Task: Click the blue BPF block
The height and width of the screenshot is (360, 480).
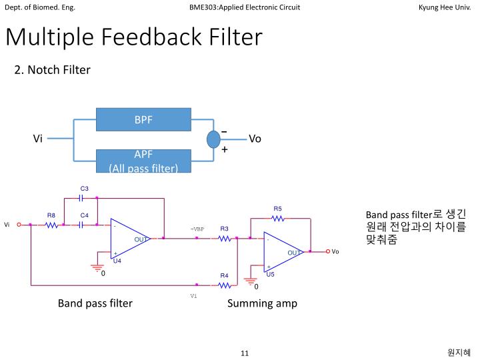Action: pos(143,120)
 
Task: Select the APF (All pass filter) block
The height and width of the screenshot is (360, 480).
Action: pos(143,161)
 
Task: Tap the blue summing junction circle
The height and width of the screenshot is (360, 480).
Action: pos(213,139)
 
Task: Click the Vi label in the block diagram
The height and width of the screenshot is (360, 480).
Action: pos(38,139)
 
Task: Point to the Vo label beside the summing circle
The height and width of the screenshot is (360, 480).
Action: pos(255,139)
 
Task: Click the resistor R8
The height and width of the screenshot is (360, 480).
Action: pos(51,225)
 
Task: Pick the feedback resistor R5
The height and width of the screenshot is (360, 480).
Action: pos(277,218)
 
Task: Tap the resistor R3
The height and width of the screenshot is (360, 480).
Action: pos(224,238)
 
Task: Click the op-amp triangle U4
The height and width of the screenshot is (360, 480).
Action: pos(129,239)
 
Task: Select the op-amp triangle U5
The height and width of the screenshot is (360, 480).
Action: pos(283,253)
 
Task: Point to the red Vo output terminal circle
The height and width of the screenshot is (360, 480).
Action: pos(328,252)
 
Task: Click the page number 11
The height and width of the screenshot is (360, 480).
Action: pos(244,353)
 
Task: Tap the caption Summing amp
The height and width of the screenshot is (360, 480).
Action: pos(262,303)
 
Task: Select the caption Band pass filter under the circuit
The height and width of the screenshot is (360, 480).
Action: pos(95,303)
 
